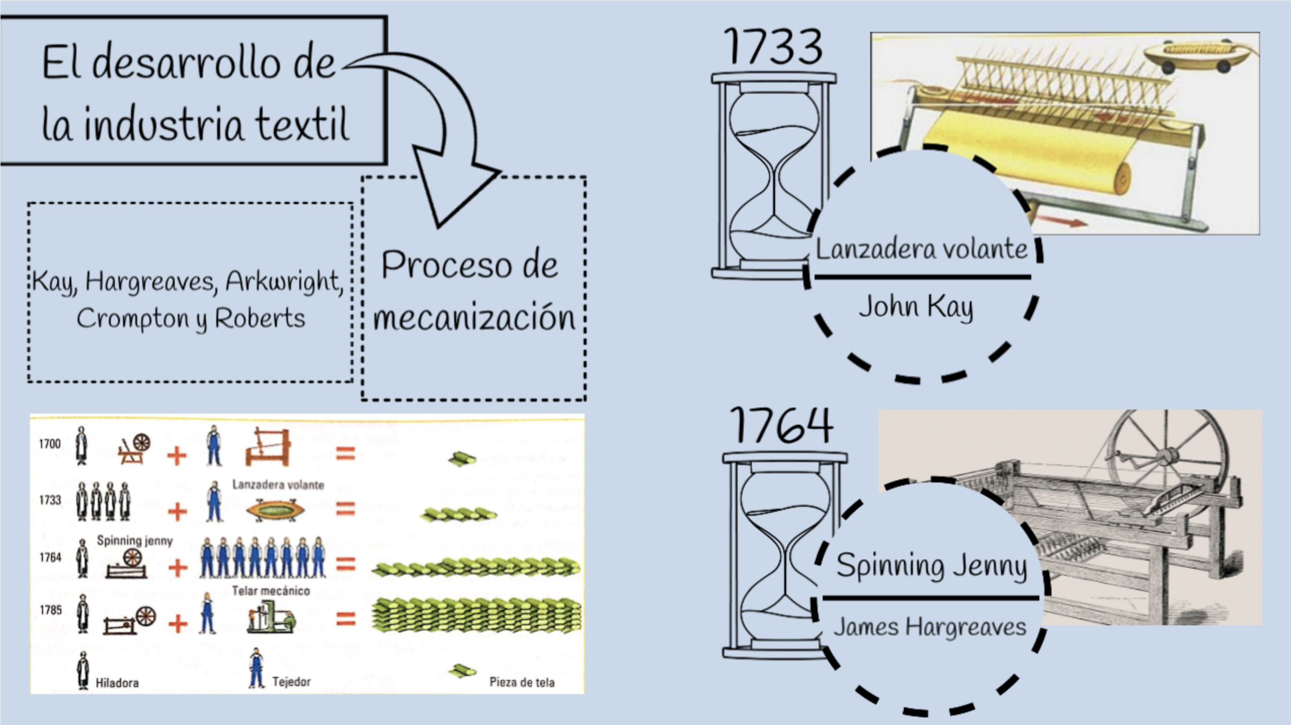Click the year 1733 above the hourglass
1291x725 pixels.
tap(773, 47)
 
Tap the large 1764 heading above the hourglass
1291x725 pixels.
tap(781, 425)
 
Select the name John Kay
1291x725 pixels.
tap(916, 307)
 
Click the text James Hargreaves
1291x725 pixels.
tap(930, 627)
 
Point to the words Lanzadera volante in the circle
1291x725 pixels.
tap(921, 249)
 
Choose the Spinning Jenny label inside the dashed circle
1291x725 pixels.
tap(931, 566)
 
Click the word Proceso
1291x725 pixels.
tap(445, 264)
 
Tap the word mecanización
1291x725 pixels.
tap(474, 318)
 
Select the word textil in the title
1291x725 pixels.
tap(302, 124)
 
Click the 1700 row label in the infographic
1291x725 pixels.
tap(50, 444)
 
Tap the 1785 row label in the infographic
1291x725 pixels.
tap(51, 610)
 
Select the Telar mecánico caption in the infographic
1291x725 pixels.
tap(271, 591)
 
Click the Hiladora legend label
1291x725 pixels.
tap(117, 683)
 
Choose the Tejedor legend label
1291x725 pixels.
tap(291, 682)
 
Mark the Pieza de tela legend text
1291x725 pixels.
tap(521, 682)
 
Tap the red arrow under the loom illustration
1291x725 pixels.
tap(1060, 221)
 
